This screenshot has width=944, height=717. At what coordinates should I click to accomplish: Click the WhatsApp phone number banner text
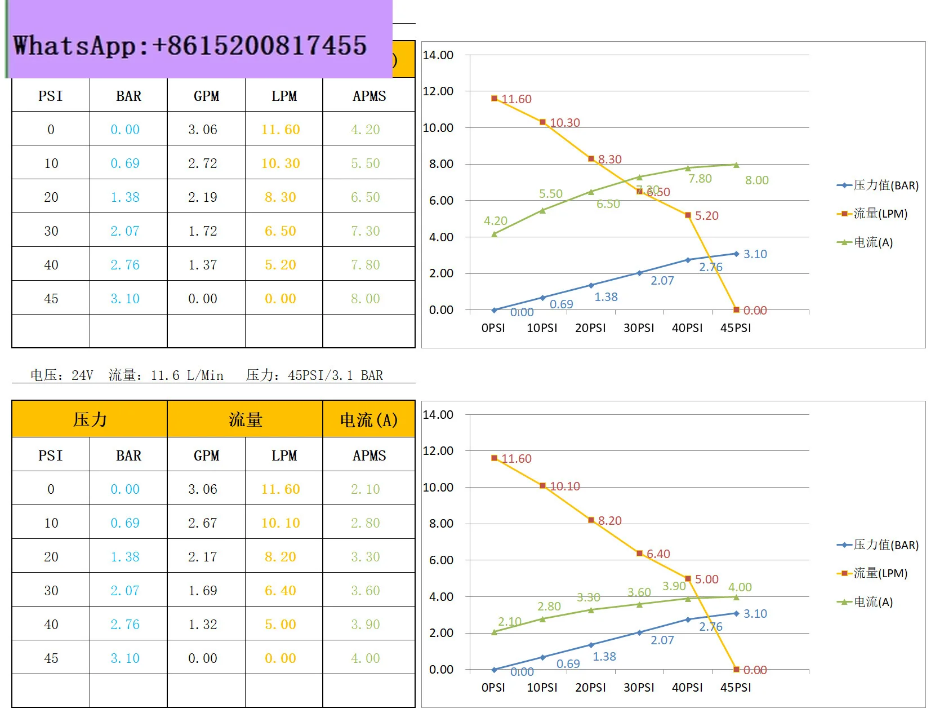190,46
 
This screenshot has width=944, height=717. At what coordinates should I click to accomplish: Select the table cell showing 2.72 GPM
203,163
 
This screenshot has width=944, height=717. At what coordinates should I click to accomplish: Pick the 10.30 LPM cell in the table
280,163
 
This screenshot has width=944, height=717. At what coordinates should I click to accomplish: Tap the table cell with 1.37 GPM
203,265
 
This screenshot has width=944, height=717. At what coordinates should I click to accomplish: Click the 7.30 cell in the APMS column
366,231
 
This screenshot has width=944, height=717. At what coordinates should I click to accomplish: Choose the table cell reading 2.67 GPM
203,523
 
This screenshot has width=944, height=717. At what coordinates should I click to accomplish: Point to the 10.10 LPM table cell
280,523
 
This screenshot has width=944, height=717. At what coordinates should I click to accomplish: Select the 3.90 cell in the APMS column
366,625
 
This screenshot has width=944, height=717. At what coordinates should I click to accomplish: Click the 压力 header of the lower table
90,419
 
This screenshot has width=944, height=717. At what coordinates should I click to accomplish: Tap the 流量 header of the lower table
245,419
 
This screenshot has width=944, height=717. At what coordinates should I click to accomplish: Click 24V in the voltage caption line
82,375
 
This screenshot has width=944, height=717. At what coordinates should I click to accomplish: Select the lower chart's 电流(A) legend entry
873,602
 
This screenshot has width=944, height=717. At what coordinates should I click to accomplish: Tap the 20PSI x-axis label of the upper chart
590,328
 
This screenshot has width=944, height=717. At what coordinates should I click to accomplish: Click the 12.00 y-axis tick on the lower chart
438,451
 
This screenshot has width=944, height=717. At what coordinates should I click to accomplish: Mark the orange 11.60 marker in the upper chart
495,99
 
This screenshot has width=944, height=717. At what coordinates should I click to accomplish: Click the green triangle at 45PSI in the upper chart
736,165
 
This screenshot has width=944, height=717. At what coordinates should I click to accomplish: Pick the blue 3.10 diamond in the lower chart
736,613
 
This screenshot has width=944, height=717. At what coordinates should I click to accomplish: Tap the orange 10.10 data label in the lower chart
565,486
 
